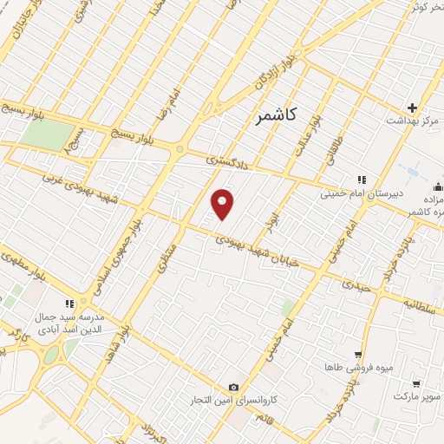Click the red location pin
point(224,203)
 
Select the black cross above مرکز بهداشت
point(413,107)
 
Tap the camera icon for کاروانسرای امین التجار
point(232,387)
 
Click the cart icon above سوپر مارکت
point(416,382)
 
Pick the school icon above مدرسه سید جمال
point(69,304)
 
